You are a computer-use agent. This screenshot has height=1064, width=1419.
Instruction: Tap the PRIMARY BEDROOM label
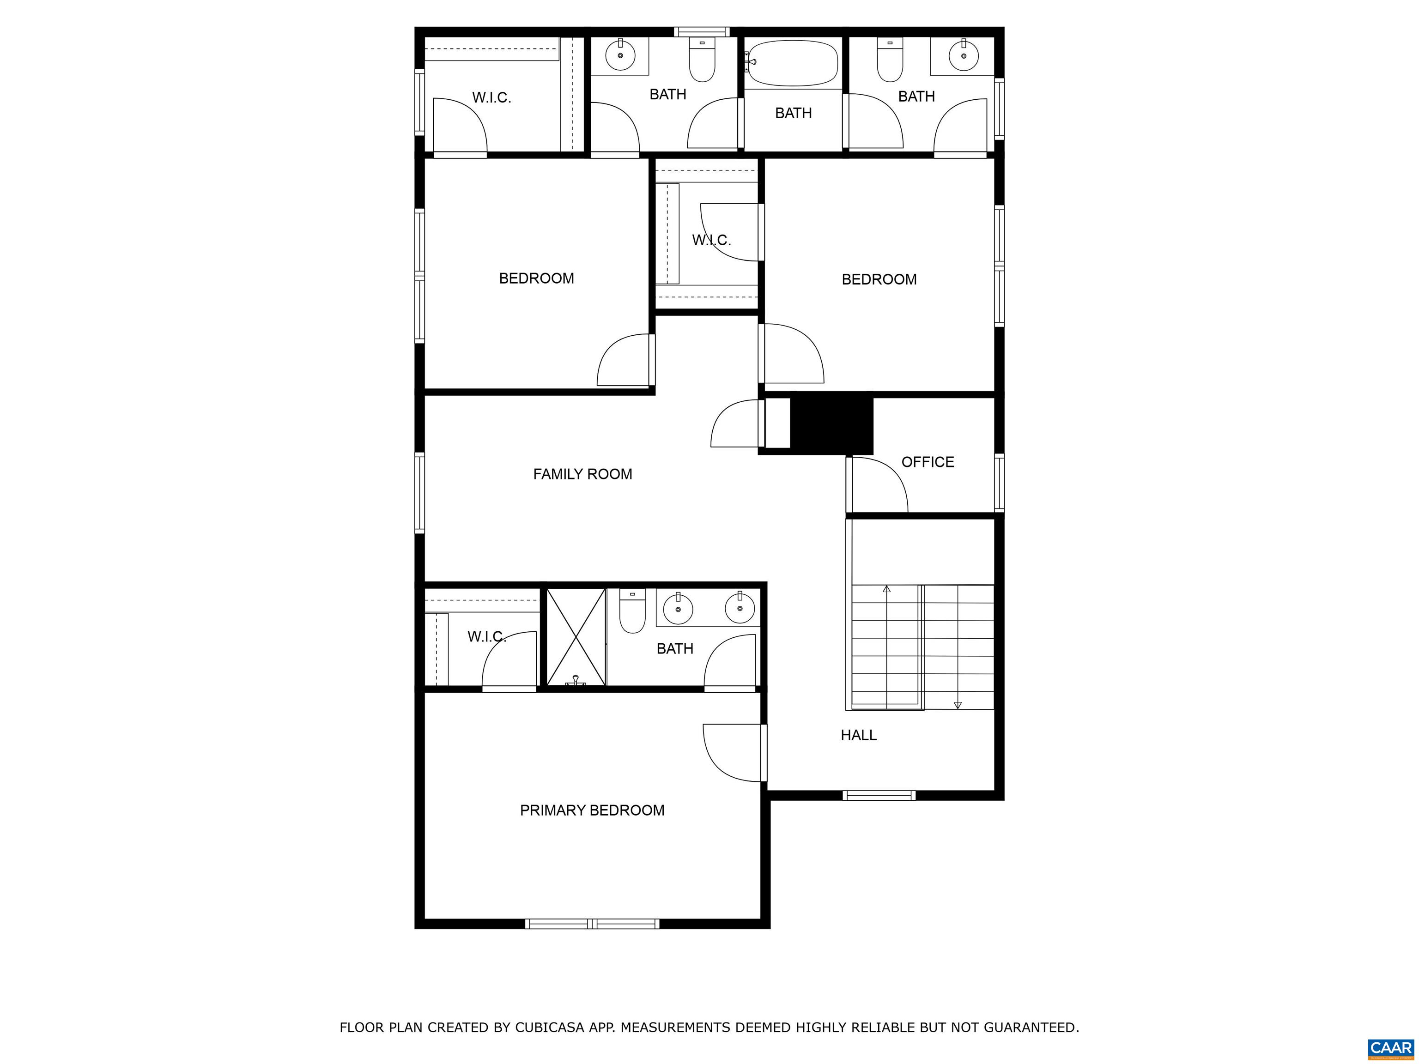click(592, 810)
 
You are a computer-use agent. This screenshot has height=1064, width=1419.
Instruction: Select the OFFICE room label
click(928, 462)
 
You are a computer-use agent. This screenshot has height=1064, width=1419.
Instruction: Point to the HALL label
click(858, 735)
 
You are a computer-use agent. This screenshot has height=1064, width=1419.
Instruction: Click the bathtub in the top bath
click(794, 63)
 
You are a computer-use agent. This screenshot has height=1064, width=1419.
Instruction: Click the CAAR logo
click(1391, 1048)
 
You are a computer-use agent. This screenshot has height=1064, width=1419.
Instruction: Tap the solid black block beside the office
click(831, 424)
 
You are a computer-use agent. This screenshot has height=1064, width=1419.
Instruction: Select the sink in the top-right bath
click(963, 56)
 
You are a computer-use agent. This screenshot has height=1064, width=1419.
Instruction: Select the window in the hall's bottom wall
click(879, 795)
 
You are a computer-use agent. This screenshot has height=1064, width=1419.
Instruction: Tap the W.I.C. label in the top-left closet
click(491, 97)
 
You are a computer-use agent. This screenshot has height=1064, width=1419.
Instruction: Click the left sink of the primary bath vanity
click(678, 608)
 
